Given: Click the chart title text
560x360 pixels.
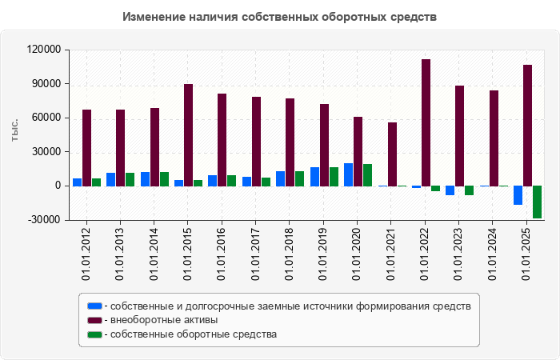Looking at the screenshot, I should coord(280,17).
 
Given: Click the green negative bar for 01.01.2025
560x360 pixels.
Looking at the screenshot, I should coord(537,202).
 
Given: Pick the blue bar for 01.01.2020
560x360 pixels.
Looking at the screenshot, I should coord(348,174).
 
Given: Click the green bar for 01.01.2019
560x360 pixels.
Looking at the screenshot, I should coord(334,176).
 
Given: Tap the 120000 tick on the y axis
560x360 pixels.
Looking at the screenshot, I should coord(44,50).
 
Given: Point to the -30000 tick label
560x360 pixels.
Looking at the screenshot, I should coord(46,220).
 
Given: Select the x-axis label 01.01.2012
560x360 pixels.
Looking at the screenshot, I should coord(86,253).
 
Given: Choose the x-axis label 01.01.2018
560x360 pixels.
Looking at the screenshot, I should coord(290,253).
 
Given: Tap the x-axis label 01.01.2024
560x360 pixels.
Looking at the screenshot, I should coord(493,253).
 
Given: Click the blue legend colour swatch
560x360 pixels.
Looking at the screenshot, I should coord(94,306).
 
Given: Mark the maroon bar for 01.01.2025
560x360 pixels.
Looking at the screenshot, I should coord(527,125).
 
